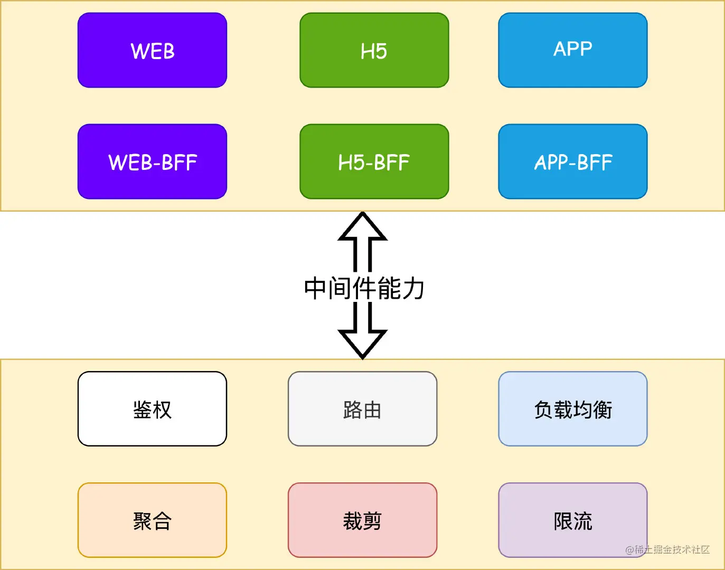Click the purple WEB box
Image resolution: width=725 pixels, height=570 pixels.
click(152, 50)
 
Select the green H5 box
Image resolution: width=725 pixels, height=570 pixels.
click(374, 50)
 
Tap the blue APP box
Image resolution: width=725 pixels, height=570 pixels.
click(572, 50)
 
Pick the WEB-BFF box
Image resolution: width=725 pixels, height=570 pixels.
click(152, 161)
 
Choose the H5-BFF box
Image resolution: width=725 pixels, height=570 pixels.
click(374, 161)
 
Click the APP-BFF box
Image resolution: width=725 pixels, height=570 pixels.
click(572, 161)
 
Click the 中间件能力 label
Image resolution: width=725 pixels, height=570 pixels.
click(364, 288)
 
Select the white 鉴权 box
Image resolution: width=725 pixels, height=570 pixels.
click(152, 409)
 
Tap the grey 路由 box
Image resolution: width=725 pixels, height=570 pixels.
click(362, 409)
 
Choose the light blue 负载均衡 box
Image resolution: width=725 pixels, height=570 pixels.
click(572, 409)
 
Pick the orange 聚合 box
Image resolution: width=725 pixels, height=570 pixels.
click(152, 520)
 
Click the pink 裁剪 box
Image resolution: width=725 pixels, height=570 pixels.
click(362, 520)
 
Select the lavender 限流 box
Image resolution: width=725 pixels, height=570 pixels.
click(572, 520)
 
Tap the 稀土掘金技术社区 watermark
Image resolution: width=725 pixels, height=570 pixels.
click(667, 549)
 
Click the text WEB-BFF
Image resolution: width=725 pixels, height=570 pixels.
click(153, 163)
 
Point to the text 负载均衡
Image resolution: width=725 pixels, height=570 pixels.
click(573, 410)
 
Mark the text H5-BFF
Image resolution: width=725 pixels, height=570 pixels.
click(374, 163)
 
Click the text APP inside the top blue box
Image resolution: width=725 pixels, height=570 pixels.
click(573, 49)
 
